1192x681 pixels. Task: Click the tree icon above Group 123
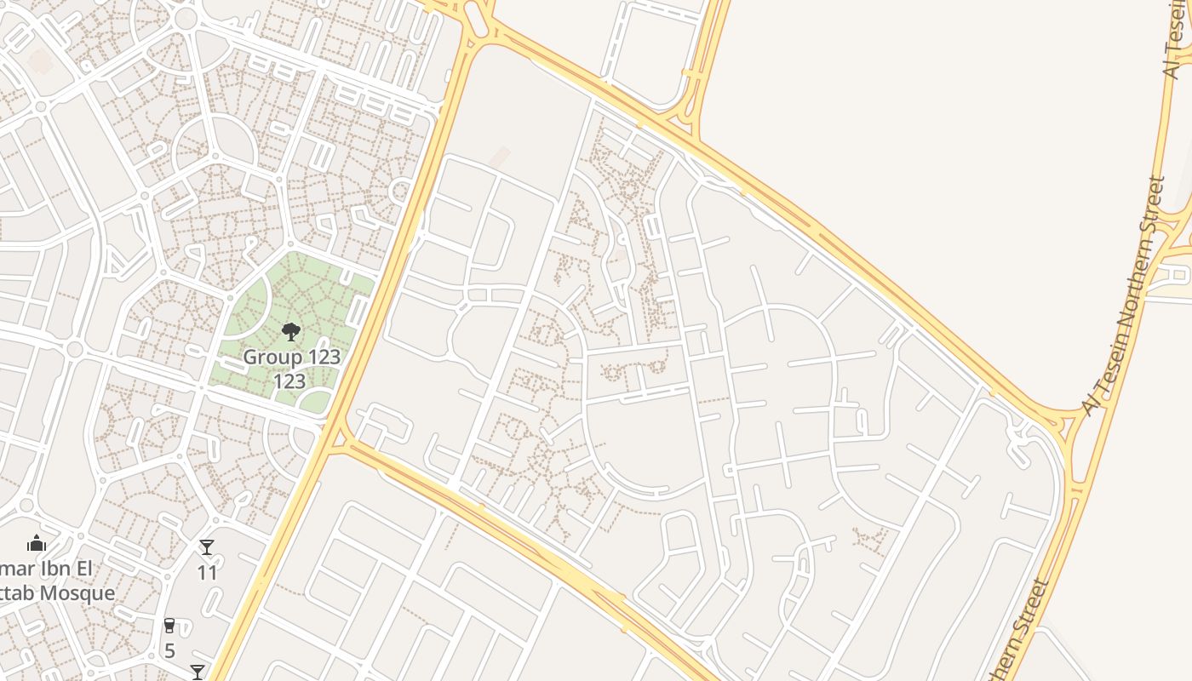pos(291,331)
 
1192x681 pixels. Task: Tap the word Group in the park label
pos(266,357)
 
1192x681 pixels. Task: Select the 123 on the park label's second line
pos(289,381)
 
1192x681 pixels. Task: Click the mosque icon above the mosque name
pos(36,543)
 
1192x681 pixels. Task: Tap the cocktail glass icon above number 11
pos(207,547)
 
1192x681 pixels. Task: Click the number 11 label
pos(208,573)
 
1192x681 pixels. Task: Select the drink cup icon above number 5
pos(169,626)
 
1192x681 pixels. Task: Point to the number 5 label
pos(169,651)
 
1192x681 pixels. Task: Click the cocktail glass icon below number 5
pos(198,672)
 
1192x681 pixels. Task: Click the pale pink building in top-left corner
pos(39,61)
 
